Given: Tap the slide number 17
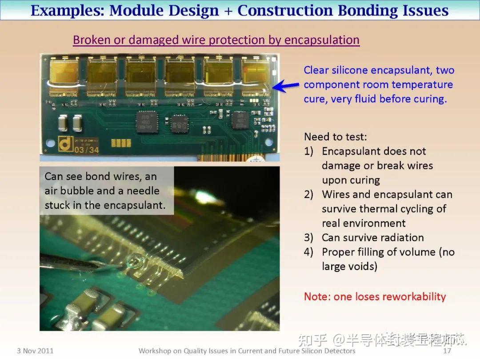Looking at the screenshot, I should [447, 351].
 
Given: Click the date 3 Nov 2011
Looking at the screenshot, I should [35, 351].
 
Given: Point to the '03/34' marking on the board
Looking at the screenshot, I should [87, 149].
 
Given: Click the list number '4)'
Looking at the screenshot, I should [309, 252].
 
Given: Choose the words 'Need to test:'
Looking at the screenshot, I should [336, 136].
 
